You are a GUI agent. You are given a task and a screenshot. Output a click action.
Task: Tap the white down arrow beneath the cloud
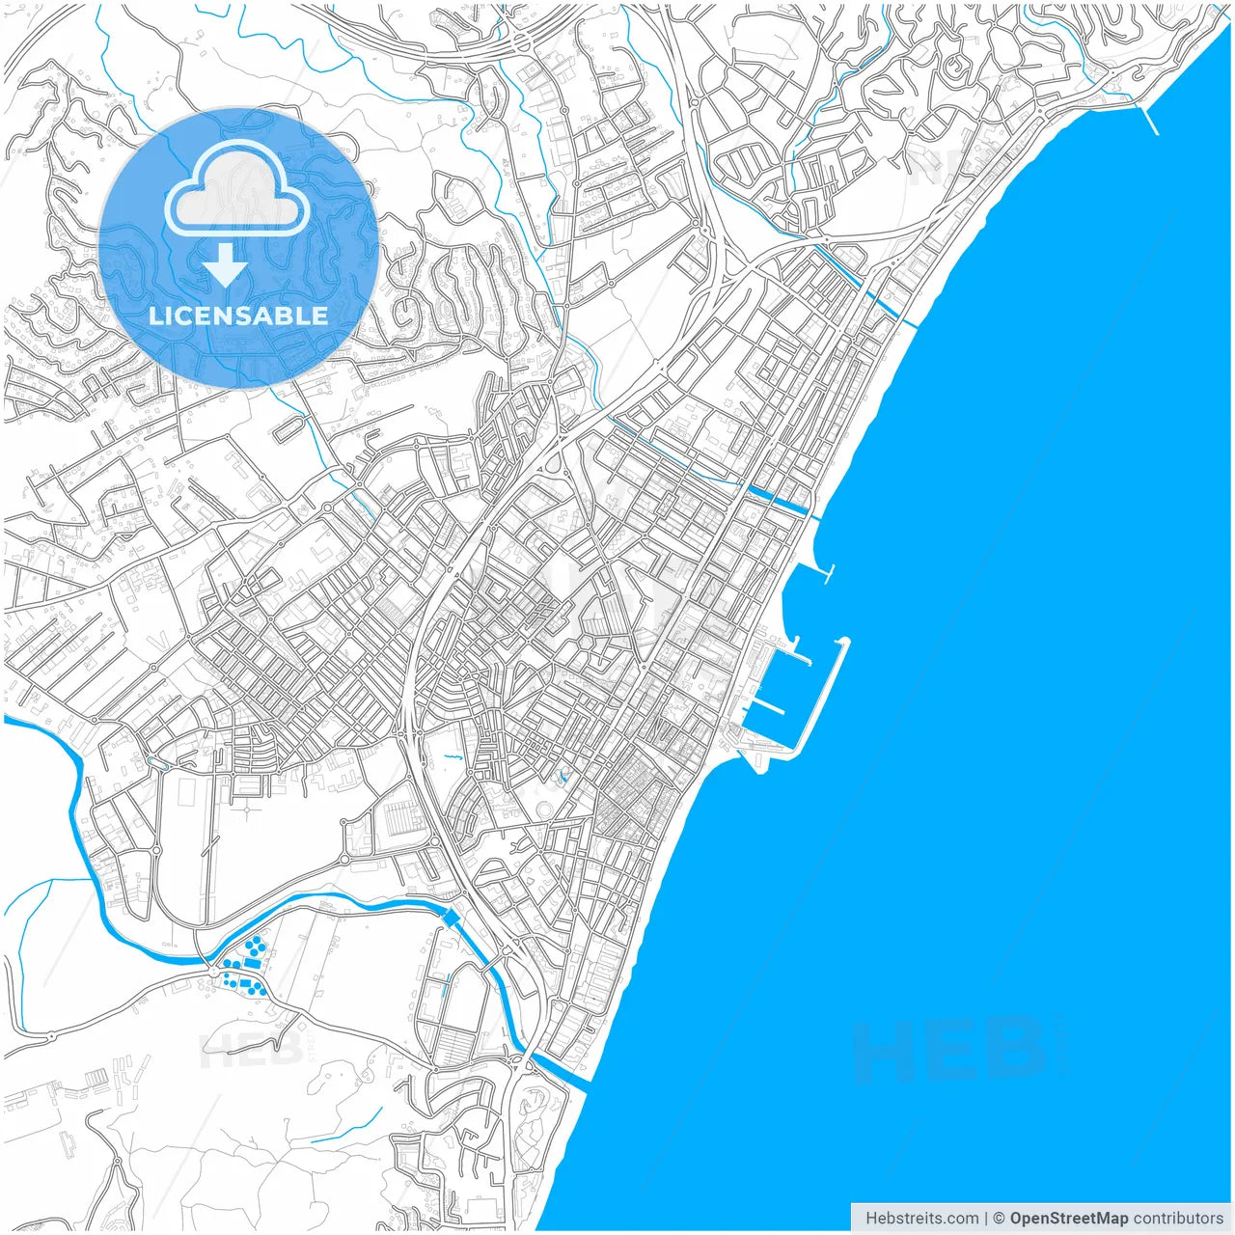(x=226, y=264)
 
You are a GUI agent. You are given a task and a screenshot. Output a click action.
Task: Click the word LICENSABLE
(x=238, y=316)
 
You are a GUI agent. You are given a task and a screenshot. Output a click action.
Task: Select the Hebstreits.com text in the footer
(x=922, y=1218)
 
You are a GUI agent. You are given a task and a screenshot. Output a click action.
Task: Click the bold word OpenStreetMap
(x=1068, y=1218)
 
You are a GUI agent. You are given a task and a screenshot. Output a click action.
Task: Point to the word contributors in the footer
(x=1178, y=1218)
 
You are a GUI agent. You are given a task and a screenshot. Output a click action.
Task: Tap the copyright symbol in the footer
(x=1000, y=1218)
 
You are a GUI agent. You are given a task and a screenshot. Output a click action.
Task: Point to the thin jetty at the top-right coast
(x=1149, y=119)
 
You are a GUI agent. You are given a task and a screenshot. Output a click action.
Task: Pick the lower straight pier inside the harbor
(x=767, y=707)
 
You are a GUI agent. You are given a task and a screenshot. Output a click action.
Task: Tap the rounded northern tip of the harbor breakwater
(x=842, y=642)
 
